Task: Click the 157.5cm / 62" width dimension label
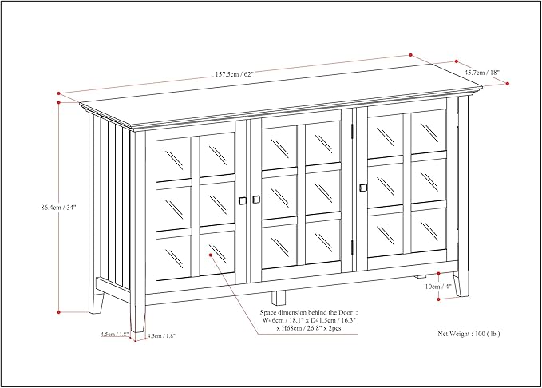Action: pos(235,74)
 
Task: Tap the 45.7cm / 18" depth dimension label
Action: pos(482,73)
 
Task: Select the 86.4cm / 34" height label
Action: pos(58,208)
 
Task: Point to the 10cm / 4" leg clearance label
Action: pos(438,287)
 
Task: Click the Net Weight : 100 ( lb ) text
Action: pos(469,334)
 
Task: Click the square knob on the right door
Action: pos(363,187)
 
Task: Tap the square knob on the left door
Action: pos(243,201)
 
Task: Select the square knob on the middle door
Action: pos(256,200)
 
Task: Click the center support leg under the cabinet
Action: pos(279,298)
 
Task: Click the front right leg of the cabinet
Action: pos(461,283)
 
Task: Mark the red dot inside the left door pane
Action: pos(211,255)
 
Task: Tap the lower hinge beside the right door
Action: pos(352,247)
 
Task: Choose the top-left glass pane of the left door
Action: pos(174,158)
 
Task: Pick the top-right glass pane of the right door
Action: pos(429,131)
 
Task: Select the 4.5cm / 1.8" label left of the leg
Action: pos(115,334)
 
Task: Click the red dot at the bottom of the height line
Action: pos(59,312)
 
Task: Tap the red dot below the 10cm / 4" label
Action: pos(438,299)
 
